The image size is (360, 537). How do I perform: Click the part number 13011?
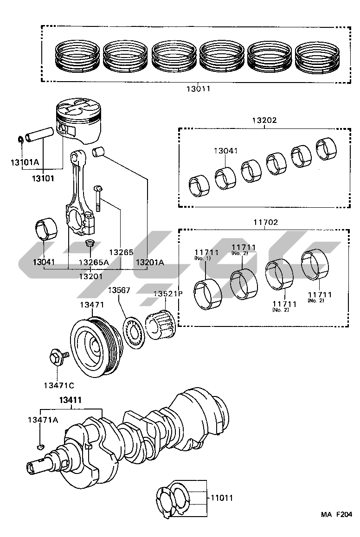coord(199,89)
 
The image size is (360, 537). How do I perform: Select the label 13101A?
coord(25,162)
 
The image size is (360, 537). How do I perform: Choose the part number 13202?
coord(264,120)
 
